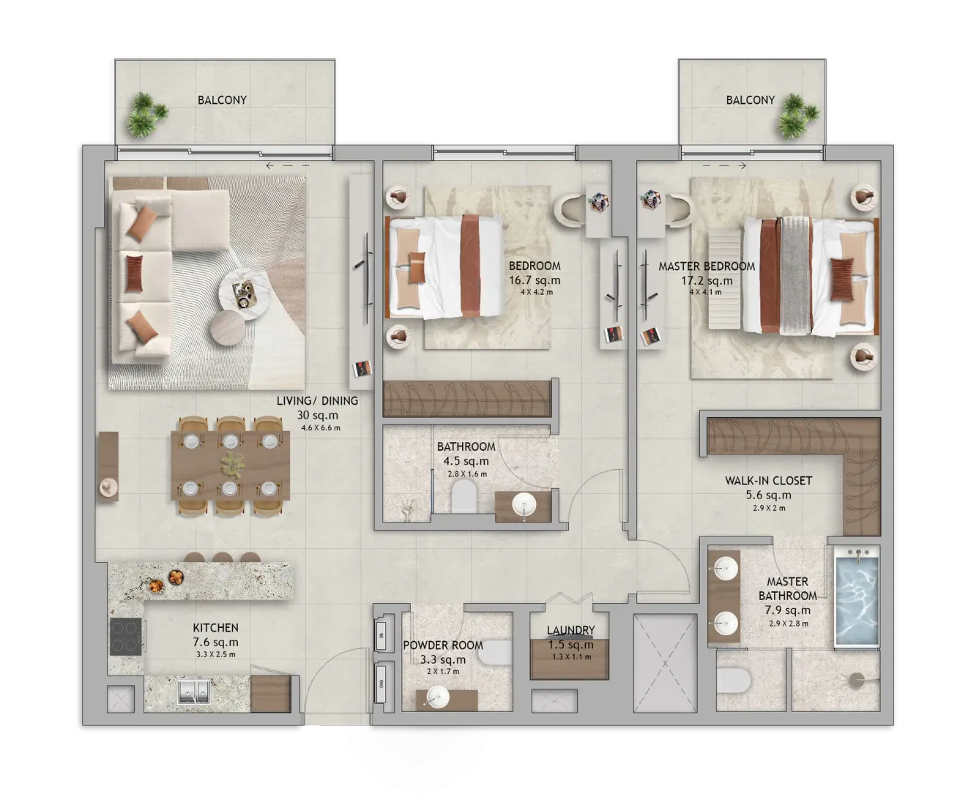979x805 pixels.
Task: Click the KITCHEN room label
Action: click(215, 628)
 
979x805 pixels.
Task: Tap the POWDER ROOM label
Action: click(443, 645)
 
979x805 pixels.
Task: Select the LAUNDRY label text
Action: click(570, 630)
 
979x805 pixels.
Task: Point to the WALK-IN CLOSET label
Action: click(768, 481)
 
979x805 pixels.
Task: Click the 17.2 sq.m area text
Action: click(707, 281)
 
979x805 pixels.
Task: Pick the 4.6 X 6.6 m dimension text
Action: click(320, 428)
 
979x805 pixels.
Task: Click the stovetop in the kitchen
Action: click(126, 637)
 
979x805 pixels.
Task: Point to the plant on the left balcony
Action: click(145, 115)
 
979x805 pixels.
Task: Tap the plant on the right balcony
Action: click(797, 116)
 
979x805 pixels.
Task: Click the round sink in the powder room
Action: click(437, 697)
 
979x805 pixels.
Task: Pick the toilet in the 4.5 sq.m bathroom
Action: click(464, 496)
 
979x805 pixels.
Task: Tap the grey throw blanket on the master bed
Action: click(795, 276)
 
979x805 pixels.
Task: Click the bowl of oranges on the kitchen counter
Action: click(176, 577)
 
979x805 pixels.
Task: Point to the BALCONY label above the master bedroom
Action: click(750, 100)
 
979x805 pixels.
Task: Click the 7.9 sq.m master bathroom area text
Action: click(788, 610)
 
